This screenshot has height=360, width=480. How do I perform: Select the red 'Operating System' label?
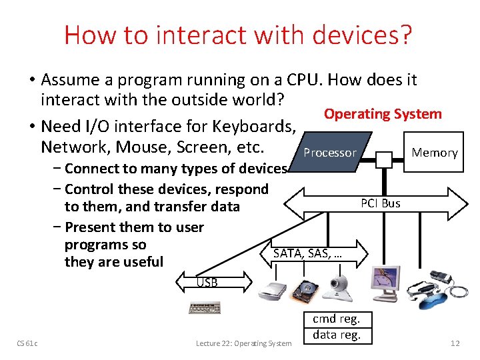pos(383,114)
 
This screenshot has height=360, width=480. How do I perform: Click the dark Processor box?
pos(329,153)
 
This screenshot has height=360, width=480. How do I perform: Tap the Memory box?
pos(434,153)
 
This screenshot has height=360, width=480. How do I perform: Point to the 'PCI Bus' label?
pos(380,203)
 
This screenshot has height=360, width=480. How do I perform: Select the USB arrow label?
pos(207,283)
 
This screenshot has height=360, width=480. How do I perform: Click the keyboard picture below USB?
pos(205,308)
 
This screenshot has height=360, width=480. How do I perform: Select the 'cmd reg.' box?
pos(337,319)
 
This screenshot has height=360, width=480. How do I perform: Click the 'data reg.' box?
pos(337,335)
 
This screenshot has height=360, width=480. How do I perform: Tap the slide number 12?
pos(455,343)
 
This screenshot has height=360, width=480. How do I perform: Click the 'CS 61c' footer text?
pos(27,343)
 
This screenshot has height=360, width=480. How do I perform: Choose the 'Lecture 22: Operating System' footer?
pos(243,343)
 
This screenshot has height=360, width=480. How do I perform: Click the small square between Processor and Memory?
pos(384,159)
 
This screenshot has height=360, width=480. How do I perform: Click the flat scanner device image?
pos(272,289)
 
